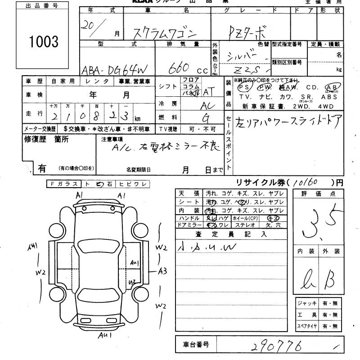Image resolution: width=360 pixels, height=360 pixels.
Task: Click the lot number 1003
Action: click(44, 42)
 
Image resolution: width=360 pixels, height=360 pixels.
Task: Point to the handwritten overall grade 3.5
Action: click(319, 223)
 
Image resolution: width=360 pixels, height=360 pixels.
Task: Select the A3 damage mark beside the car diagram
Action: click(162, 271)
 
